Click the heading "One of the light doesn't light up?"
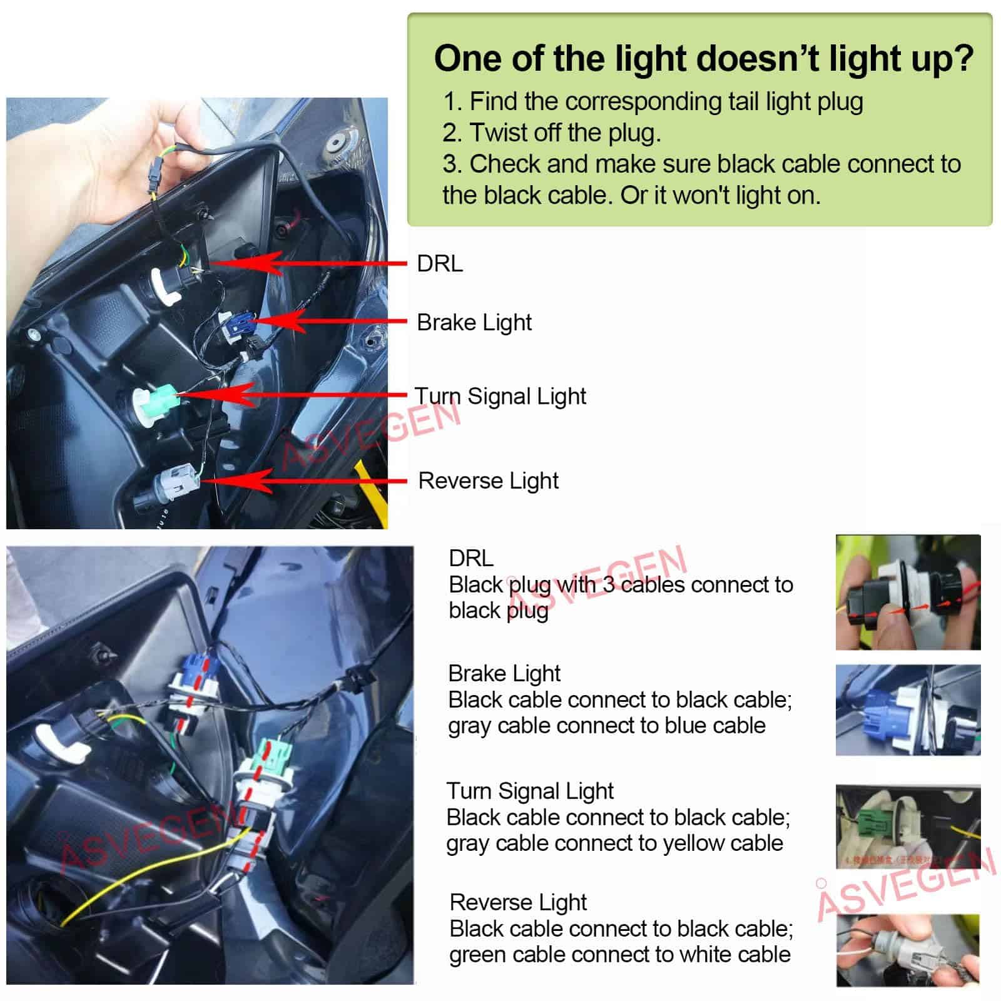click(x=704, y=58)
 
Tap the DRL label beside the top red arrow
click(x=440, y=263)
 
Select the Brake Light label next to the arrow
click(x=474, y=323)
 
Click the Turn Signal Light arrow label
click(x=500, y=396)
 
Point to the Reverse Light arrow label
click(x=488, y=480)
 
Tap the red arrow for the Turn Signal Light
click(x=293, y=395)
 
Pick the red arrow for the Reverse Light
click(x=304, y=481)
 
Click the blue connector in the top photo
click(x=240, y=325)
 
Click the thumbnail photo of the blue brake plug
click(x=908, y=709)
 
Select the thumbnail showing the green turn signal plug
click(x=908, y=826)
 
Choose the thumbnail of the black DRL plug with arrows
click(x=908, y=592)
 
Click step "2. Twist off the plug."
click(x=552, y=133)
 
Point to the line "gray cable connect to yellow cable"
click(x=614, y=843)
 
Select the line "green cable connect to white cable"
click(x=620, y=955)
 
